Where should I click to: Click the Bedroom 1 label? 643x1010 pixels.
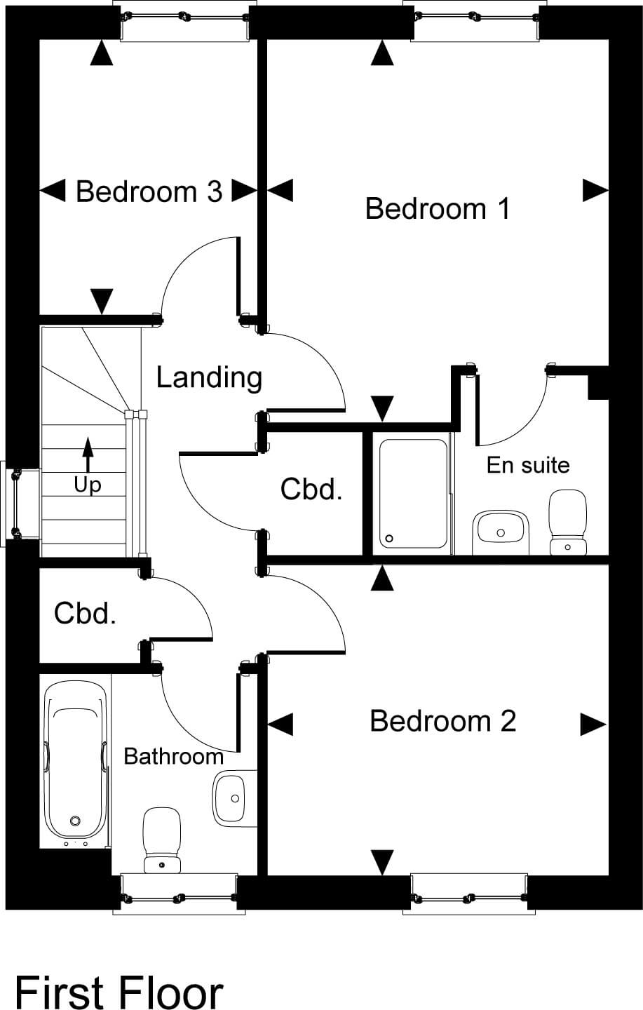438,209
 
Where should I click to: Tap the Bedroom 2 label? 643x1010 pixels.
442,721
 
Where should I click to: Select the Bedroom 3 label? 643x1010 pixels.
149,191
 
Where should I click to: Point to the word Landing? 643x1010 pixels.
209,377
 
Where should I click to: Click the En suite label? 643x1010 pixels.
528,465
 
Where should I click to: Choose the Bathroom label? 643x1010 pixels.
173,756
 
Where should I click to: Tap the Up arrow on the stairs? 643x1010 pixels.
88,456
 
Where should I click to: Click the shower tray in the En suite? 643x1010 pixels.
413,494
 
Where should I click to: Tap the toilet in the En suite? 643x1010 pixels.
567,522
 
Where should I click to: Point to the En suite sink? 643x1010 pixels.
500,530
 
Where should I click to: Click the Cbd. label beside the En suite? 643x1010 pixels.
311,489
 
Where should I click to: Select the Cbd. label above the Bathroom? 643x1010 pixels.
85,614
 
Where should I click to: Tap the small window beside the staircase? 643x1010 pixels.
14,504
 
